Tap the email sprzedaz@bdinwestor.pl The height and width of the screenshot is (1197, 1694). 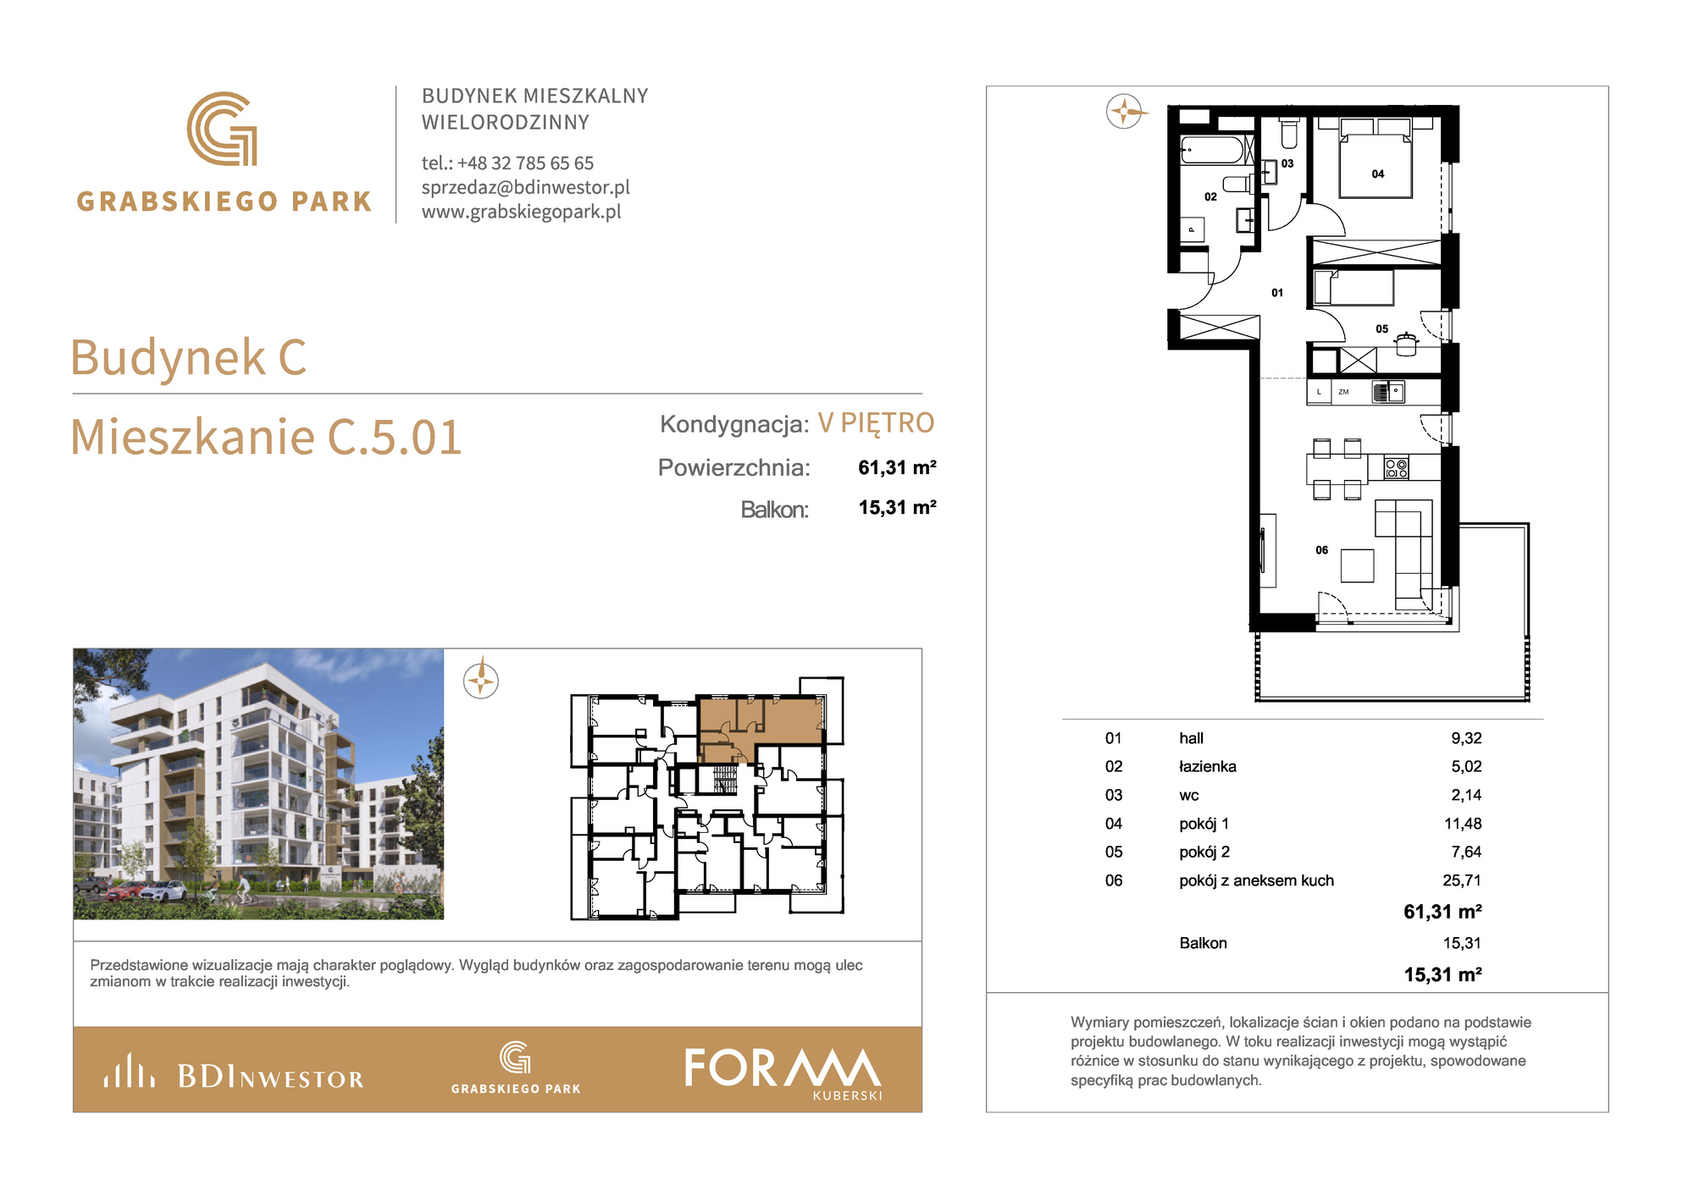click(525, 187)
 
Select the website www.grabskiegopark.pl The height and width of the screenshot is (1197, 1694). click(521, 212)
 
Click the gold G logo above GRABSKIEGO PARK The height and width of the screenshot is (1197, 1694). click(222, 129)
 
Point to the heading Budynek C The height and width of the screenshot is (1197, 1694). click(188, 356)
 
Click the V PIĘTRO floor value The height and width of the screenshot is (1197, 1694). click(876, 422)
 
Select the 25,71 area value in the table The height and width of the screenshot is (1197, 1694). click(1462, 880)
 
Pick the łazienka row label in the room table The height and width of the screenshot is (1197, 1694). click(1207, 766)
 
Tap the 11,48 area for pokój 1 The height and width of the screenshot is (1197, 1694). click(1463, 824)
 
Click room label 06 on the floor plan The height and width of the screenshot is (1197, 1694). click(1321, 550)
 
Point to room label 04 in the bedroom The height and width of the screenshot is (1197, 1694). click(1378, 174)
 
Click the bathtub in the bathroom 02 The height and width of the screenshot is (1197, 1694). click(1213, 150)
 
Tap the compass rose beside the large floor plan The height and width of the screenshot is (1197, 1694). click(1124, 111)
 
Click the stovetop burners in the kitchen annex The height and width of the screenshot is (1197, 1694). click(1396, 467)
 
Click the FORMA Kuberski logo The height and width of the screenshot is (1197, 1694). click(783, 1073)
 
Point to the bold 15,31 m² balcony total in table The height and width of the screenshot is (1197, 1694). click(1442, 974)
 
